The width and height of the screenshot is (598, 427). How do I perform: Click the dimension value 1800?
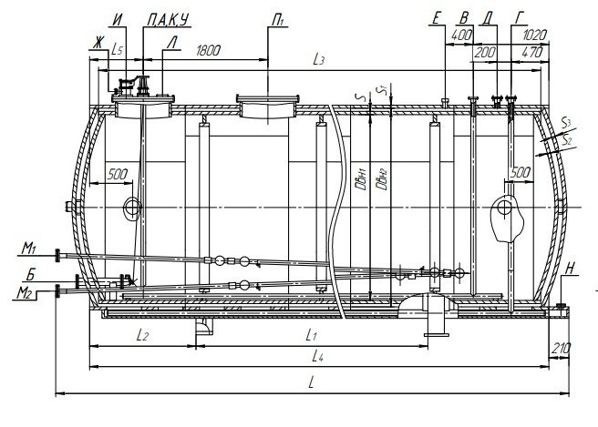[208, 51]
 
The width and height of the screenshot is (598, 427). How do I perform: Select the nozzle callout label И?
[119, 20]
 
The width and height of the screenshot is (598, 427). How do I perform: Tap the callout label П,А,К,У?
[168, 20]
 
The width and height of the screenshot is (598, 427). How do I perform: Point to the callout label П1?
[278, 21]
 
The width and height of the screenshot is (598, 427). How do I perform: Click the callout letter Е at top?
[437, 18]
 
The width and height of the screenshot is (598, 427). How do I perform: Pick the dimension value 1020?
[534, 36]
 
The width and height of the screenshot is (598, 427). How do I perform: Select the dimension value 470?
[531, 53]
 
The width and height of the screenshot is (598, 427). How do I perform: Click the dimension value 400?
[461, 36]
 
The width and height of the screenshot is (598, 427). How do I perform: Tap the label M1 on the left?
[28, 249]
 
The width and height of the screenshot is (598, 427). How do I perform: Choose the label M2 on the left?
[24, 293]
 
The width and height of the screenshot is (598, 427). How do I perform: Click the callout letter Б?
[31, 275]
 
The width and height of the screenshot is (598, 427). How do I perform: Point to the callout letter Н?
[570, 269]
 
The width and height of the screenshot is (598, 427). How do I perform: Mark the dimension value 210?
[561, 348]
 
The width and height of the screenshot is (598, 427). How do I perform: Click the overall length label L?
[311, 382]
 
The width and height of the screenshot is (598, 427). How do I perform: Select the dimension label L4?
[317, 356]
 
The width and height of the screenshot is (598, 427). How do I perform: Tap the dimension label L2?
[142, 335]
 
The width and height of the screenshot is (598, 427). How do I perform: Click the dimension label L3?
[318, 59]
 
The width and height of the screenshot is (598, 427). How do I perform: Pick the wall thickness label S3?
[566, 123]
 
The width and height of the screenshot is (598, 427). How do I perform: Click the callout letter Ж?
[98, 42]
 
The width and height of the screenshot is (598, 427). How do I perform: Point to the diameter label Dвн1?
[360, 179]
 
